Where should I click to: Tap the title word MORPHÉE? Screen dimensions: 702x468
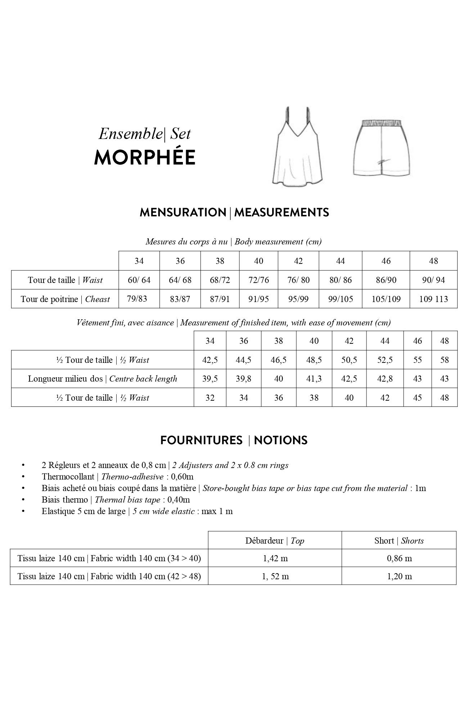(x=145, y=157)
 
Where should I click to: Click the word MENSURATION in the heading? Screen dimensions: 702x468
(x=183, y=212)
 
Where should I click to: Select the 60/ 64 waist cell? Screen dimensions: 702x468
(x=139, y=280)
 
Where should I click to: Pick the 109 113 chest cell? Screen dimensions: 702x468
(x=433, y=299)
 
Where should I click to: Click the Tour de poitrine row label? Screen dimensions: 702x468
(x=65, y=299)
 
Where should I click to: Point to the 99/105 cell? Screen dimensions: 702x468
(x=340, y=299)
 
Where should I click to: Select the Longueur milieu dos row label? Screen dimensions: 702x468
(x=102, y=379)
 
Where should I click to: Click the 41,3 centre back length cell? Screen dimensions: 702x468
(x=314, y=379)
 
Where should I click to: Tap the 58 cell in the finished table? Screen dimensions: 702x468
(x=444, y=360)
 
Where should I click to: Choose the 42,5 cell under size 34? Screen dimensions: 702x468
(x=210, y=360)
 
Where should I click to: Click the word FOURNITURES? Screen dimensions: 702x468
(x=201, y=440)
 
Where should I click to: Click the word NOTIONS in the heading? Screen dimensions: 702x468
(x=280, y=440)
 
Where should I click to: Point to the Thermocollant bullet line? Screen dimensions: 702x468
(x=117, y=477)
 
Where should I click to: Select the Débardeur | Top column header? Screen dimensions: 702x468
(x=275, y=541)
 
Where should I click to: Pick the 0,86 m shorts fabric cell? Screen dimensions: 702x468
(x=399, y=558)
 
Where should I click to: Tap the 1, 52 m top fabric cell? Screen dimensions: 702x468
(x=275, y=576)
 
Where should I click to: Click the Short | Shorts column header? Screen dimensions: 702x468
(x=399, y=541)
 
